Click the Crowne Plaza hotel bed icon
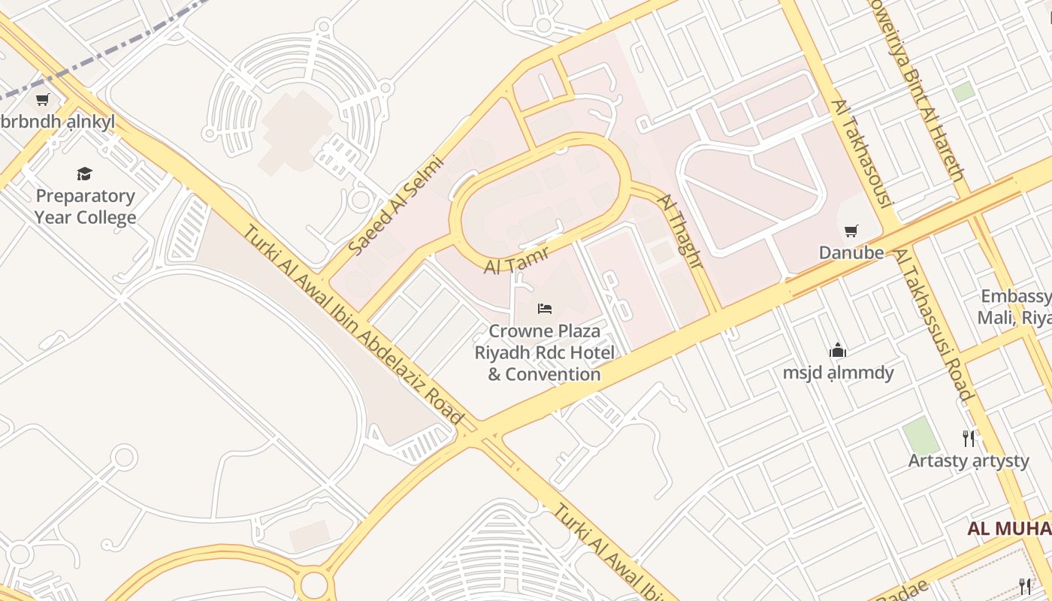(x=545, y=309)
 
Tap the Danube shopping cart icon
(x=851, y=231)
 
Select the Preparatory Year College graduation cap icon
(x=84, y=174)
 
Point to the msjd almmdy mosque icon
(x=838, y=350)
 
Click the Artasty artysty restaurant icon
(x=969, y=438)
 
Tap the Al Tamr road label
(x=516, y=261)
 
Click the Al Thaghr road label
(x=680, y=231)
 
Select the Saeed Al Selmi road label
(x=397, y=205)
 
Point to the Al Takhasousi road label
(x=862, y=153)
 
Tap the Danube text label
(x=851, y=252)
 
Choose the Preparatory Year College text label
(x=85, y=207)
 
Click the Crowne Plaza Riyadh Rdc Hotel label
(x=545, y=352)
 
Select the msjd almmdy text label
(x=838, y=373)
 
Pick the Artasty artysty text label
(x=969, y=461)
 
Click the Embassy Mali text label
(x=1014, y=307)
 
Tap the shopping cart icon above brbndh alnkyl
(x=43, y=99)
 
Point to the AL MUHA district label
(x=1008, y=528)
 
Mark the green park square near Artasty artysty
(x=920, y=436)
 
